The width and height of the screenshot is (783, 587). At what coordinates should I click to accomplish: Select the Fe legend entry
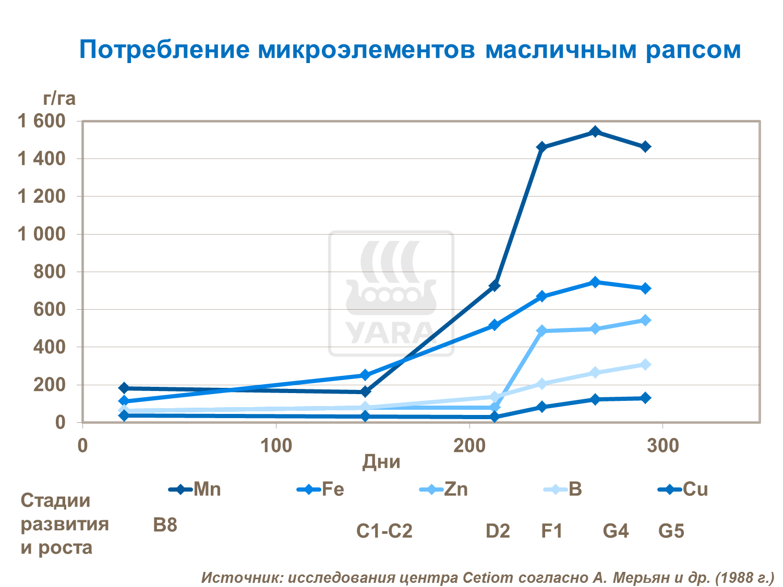[x=321, y=490]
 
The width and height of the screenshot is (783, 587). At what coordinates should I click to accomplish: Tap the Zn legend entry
[x=444, y=490]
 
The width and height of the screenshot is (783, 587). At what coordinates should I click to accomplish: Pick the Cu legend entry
[x=683, y=490]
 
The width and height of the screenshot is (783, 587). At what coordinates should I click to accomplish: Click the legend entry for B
[x=563, y=490]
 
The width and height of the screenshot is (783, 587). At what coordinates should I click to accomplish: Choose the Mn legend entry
[x=195, y=490]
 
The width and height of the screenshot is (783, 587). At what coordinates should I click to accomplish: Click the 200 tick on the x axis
[x=469, y=446]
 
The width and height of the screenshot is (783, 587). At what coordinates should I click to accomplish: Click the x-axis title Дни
[x=381, y=462]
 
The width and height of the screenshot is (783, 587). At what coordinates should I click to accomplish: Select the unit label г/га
[x=59, y=98]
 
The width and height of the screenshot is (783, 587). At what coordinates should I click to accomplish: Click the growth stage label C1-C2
[x=384, y=531]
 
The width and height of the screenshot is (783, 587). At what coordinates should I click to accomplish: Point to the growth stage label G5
[x=671, y=531]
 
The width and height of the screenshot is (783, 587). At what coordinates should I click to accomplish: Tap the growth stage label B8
[x=165, y=525]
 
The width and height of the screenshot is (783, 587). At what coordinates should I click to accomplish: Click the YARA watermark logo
[x=391, y=293]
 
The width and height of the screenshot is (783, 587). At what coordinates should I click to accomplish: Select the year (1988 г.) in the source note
[x=744, y=577]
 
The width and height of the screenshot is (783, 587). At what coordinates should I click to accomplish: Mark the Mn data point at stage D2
[x=494, y=286]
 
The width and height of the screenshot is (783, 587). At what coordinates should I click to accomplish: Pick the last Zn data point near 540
[x=645, y=320]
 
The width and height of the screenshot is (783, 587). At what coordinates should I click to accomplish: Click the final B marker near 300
[x=645, y=364]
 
